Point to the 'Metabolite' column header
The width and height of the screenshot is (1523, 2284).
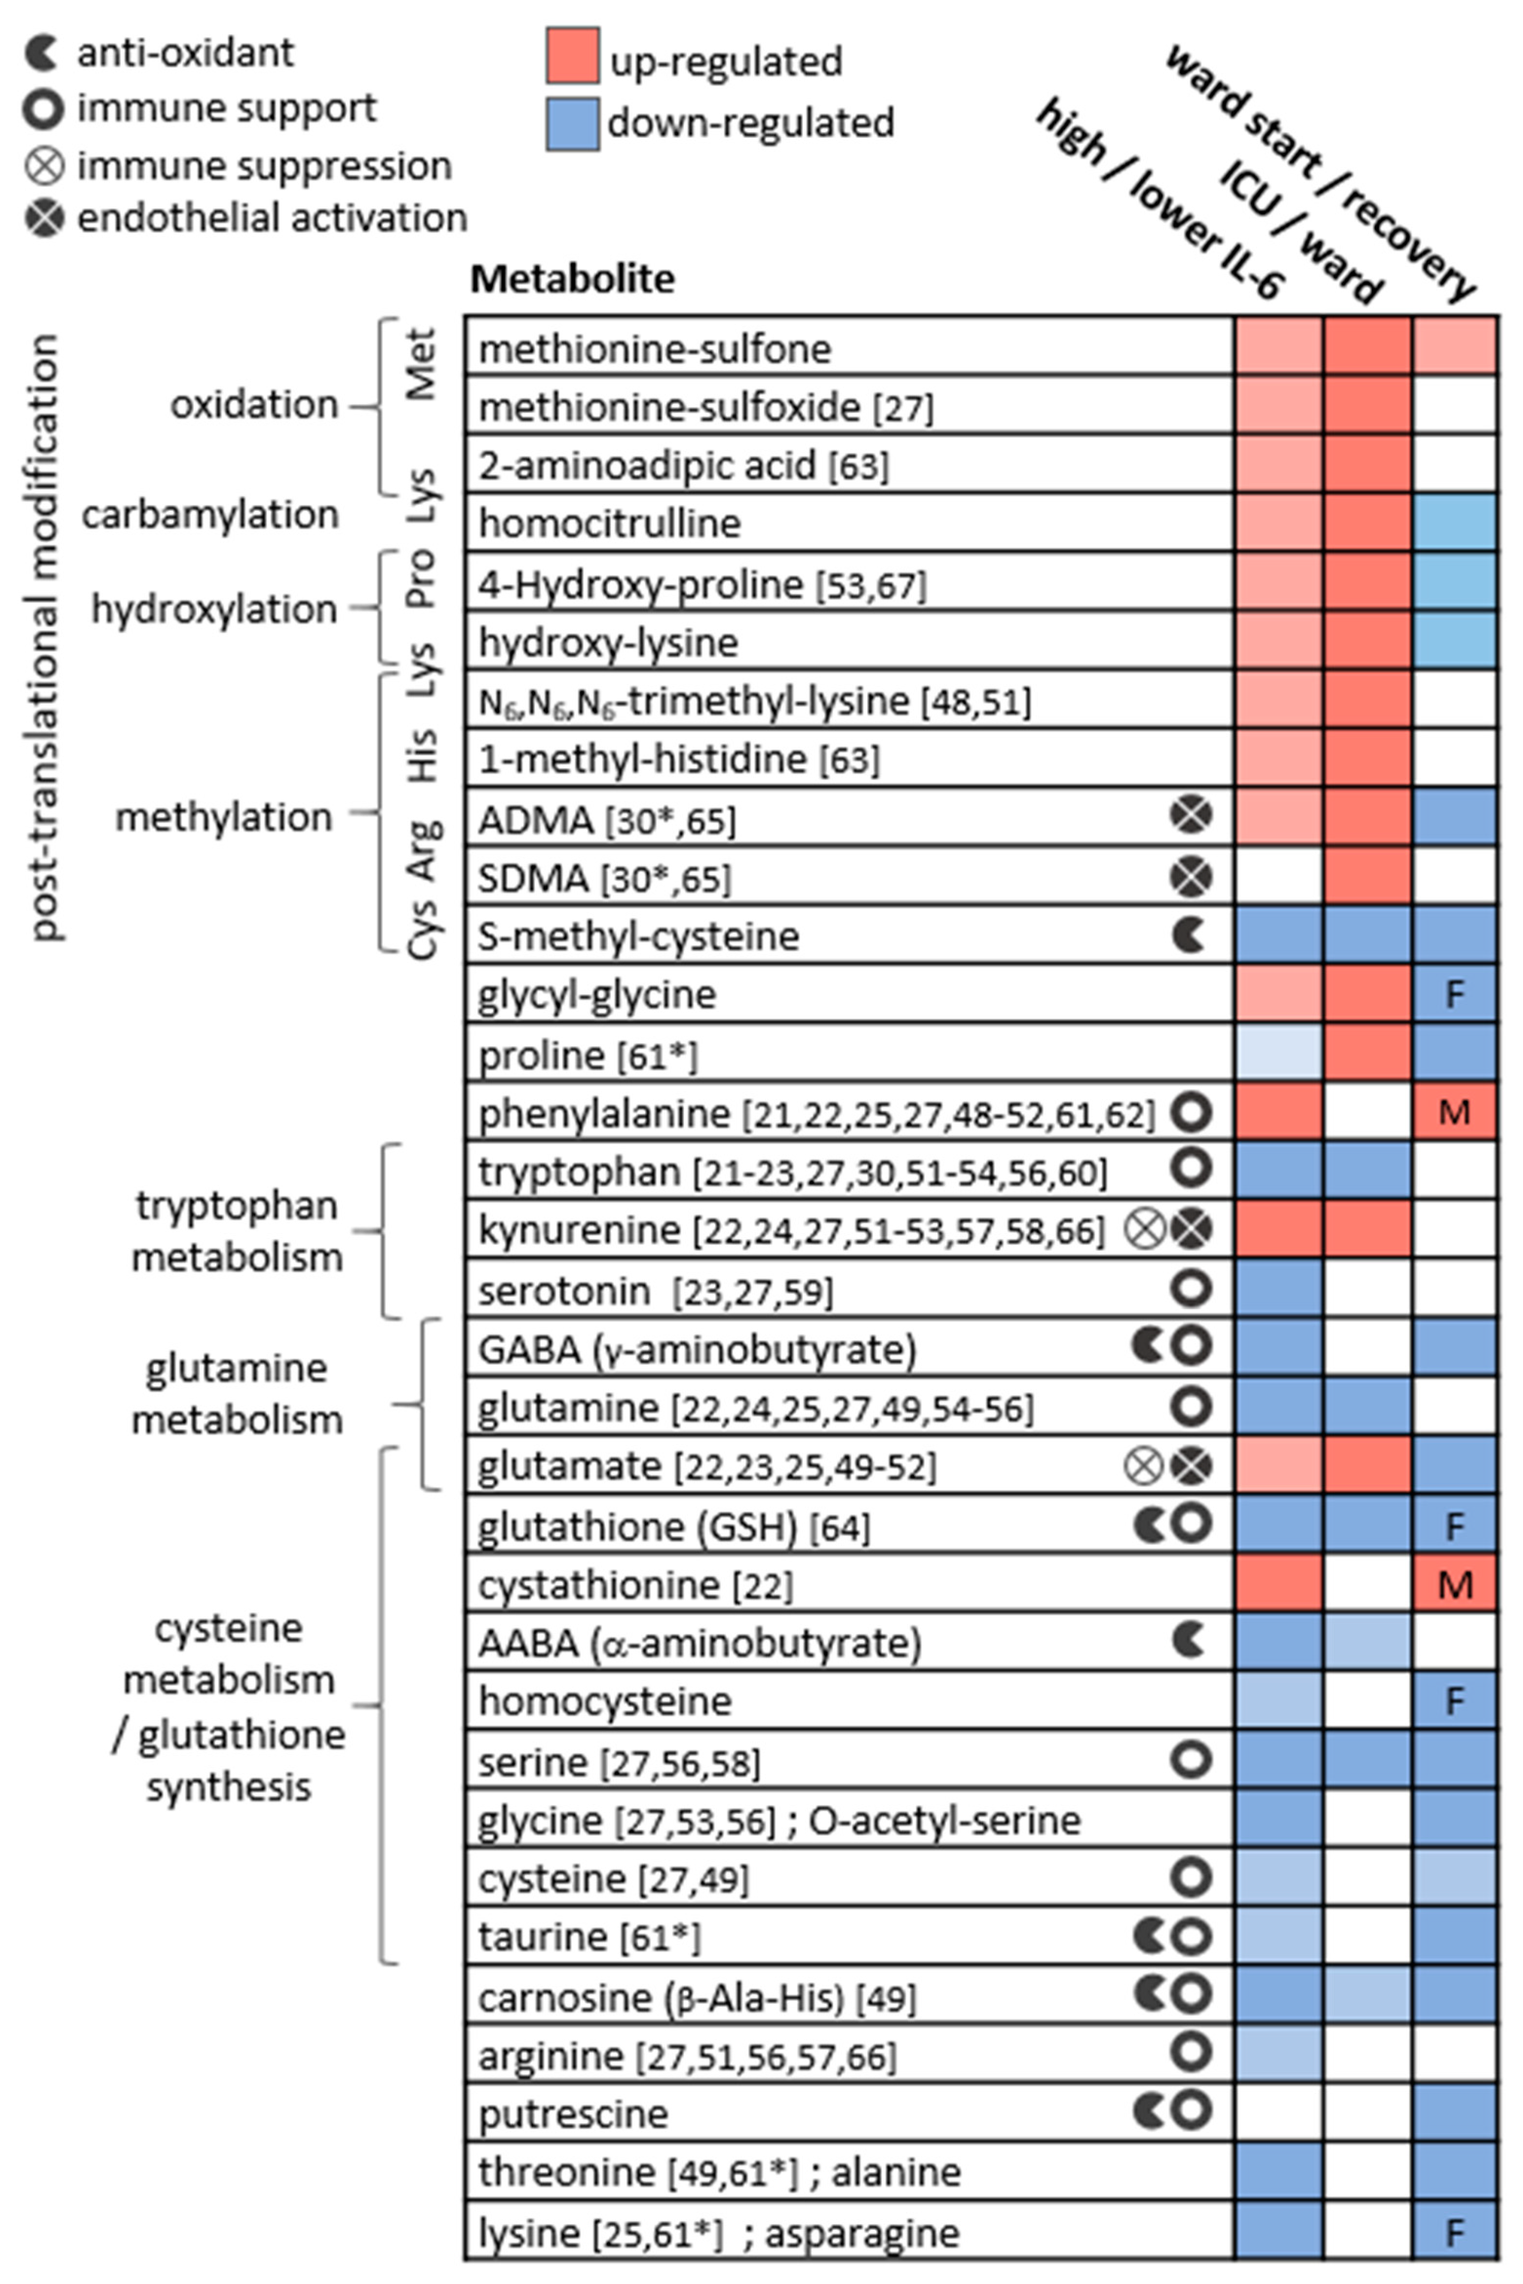(x=572, y=280)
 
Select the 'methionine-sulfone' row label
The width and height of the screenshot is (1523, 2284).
(x=655, y=349)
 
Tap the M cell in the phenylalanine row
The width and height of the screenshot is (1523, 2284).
(x=1454, y=1112)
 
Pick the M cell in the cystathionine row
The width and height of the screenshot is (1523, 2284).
(x=1454, y=1586)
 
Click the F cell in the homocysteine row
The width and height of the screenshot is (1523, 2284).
(x=1454, y=1702)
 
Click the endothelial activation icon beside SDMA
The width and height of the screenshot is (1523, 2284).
(x=1191, y=877)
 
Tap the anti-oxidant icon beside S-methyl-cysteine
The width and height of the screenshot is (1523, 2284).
(x=1189, y=935)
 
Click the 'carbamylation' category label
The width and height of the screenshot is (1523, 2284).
(x=210, y=515)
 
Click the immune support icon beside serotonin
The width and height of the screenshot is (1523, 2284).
(x=1191, y=1289)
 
